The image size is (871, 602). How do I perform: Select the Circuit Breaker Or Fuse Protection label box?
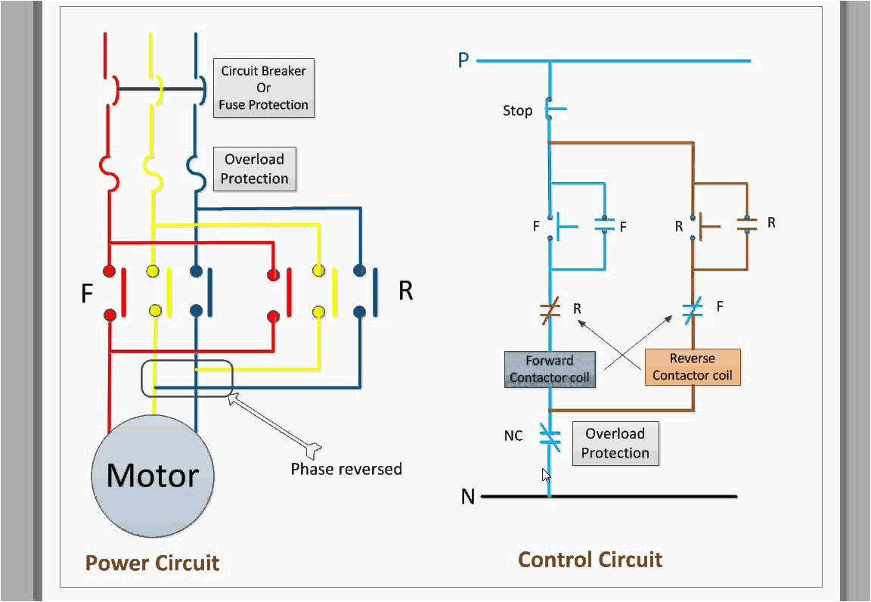pos(263,88)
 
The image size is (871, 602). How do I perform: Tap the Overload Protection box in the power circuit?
pos(254,169)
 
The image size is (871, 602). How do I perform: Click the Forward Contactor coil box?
pos(550,369)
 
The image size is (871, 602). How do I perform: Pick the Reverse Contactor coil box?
pos(692,367)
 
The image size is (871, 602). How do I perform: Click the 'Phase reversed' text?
pos(346,469)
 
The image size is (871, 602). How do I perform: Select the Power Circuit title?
pos(152,563)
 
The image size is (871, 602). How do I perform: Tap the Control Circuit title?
pos(590,560)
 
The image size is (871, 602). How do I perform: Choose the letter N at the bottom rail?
pos(468,497)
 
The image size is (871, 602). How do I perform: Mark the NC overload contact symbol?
pos(550,436)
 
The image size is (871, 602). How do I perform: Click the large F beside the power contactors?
pos(88,293)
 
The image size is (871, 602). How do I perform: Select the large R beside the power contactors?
pos(406,291)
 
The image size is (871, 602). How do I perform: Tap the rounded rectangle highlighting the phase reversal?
pos(187,378)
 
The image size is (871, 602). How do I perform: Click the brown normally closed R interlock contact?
pos(550,309)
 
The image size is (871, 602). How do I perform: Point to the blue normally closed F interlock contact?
pos(693,308)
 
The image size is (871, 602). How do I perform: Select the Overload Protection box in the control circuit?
pos(615,443)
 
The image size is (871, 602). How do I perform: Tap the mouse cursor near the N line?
pos(546,475)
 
